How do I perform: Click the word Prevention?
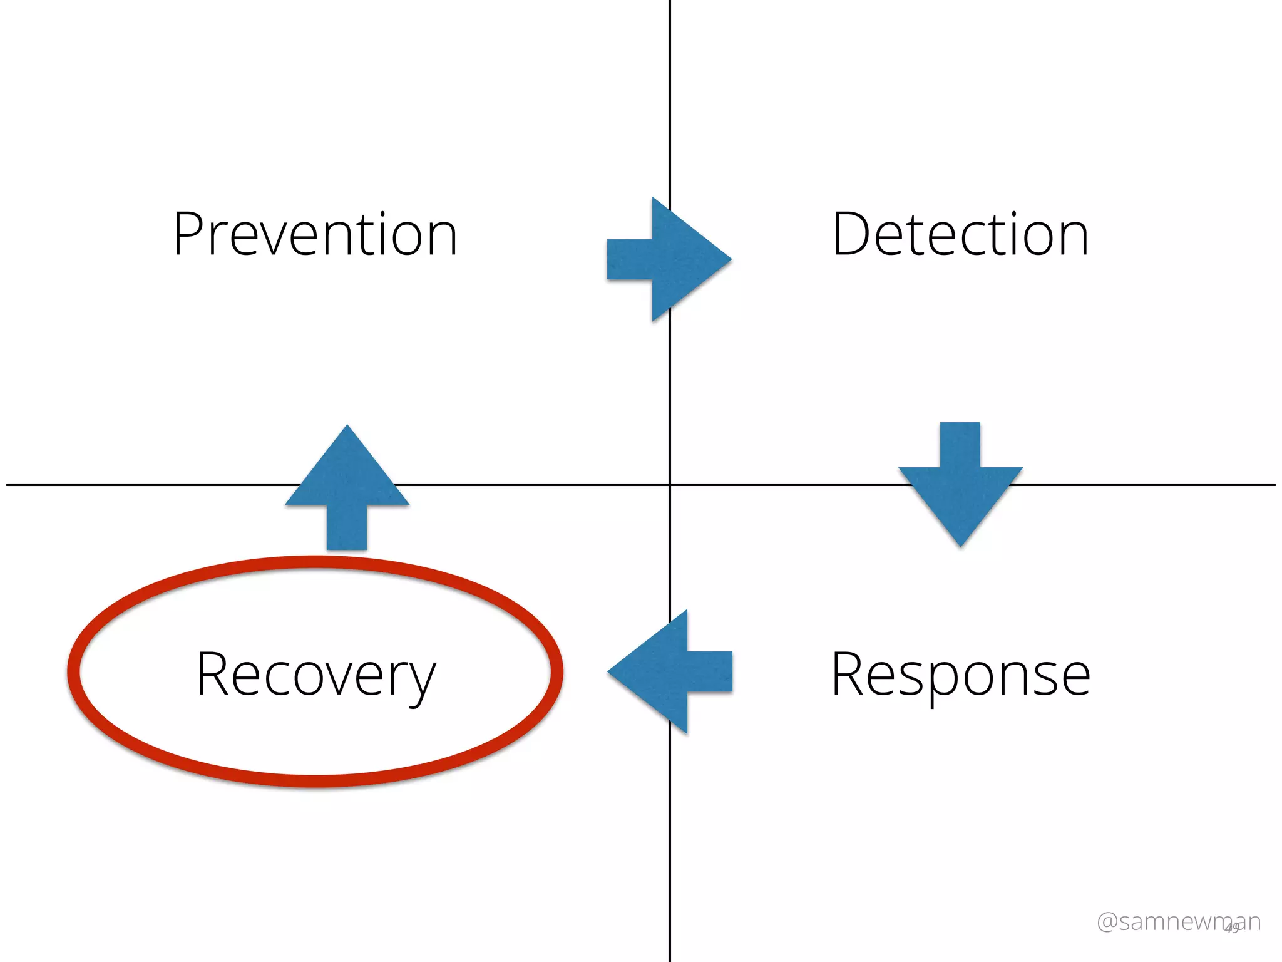click(x=315, y=234)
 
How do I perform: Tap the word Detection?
click(x=960, y=234)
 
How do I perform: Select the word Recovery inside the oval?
click(x=315, y=675)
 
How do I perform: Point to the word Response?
click(x=960, y=675)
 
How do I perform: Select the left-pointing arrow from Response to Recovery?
click(x=670, y=671)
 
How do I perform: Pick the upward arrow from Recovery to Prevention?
click(x=347, y=489)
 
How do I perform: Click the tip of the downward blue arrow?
click(x=960, y=545)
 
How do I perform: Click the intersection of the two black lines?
click(x=670, y=484)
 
